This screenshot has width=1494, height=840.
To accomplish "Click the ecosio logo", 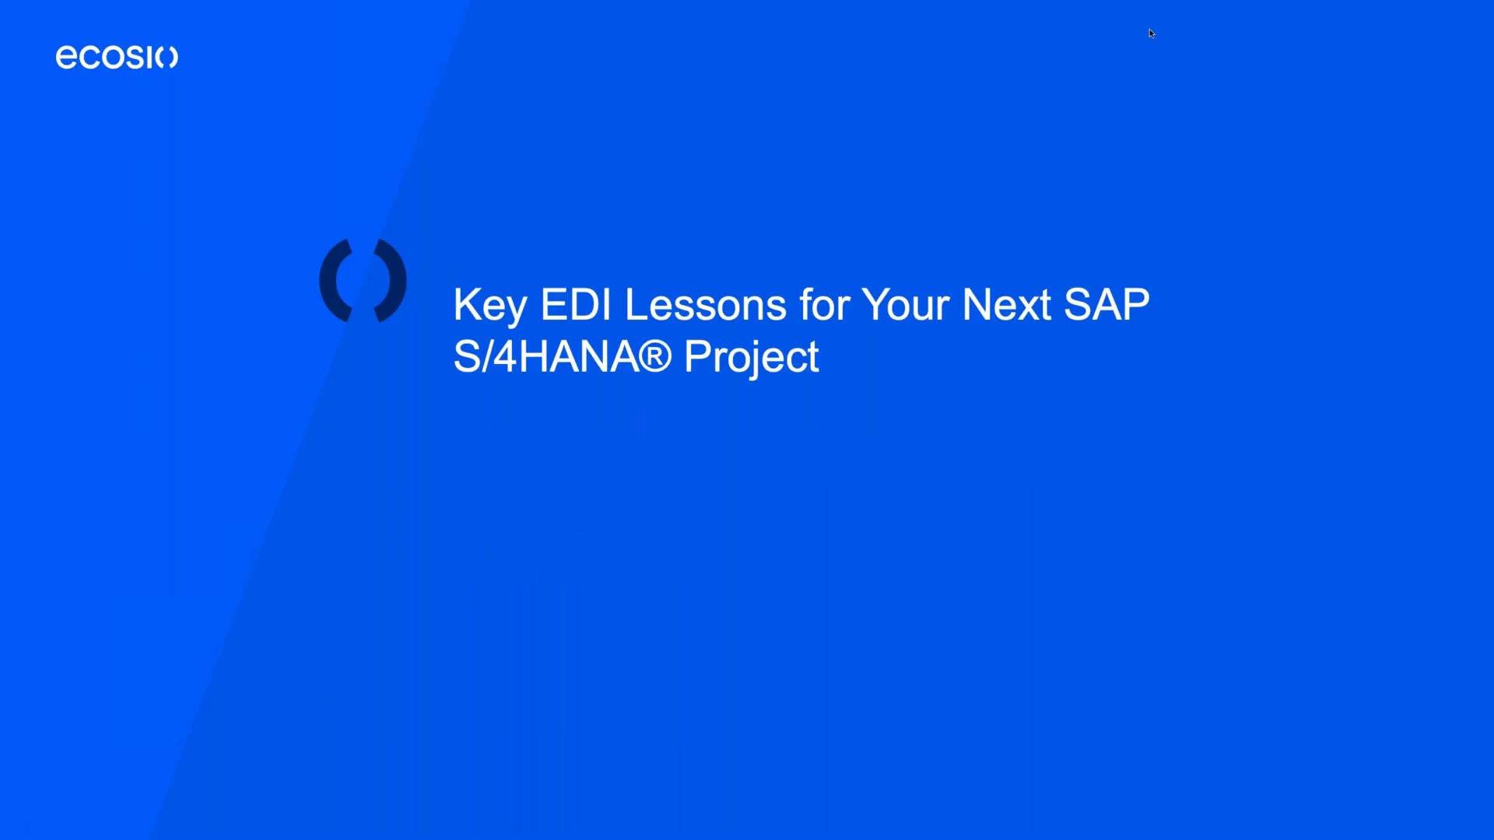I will (117, 57).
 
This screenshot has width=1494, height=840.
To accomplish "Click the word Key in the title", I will (489, 305).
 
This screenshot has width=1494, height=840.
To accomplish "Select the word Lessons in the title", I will (705, 305).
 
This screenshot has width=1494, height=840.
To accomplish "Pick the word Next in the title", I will (1007, 305).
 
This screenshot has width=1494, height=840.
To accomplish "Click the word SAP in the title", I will (1106, 305).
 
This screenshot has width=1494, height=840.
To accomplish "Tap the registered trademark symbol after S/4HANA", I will (655, 357).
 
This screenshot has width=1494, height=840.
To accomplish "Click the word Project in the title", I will (751, 358).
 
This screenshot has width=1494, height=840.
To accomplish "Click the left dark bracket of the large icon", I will (337, 281).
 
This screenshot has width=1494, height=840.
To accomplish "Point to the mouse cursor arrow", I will (1151, 33).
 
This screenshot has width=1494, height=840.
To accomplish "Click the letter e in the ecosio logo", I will (65, 58).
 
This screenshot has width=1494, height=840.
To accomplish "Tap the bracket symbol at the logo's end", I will (170, 58).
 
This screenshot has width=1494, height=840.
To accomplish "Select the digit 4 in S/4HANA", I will (505, 357).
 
